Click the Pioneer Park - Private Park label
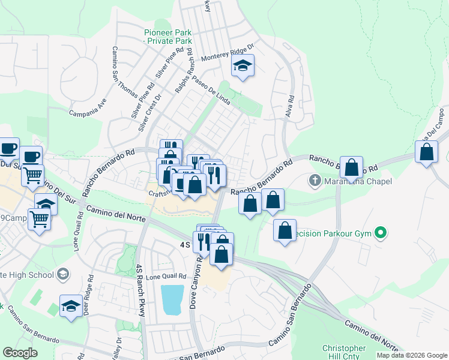coord(167,37)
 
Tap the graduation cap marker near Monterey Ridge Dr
coord(243,65)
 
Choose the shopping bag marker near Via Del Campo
coord(426,152)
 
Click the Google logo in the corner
coord(20,353)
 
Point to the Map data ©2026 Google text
coord(412,355)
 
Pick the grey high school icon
coord(62,275)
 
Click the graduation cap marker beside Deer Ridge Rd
coord(71,305)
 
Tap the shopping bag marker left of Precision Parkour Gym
coord(285,230)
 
